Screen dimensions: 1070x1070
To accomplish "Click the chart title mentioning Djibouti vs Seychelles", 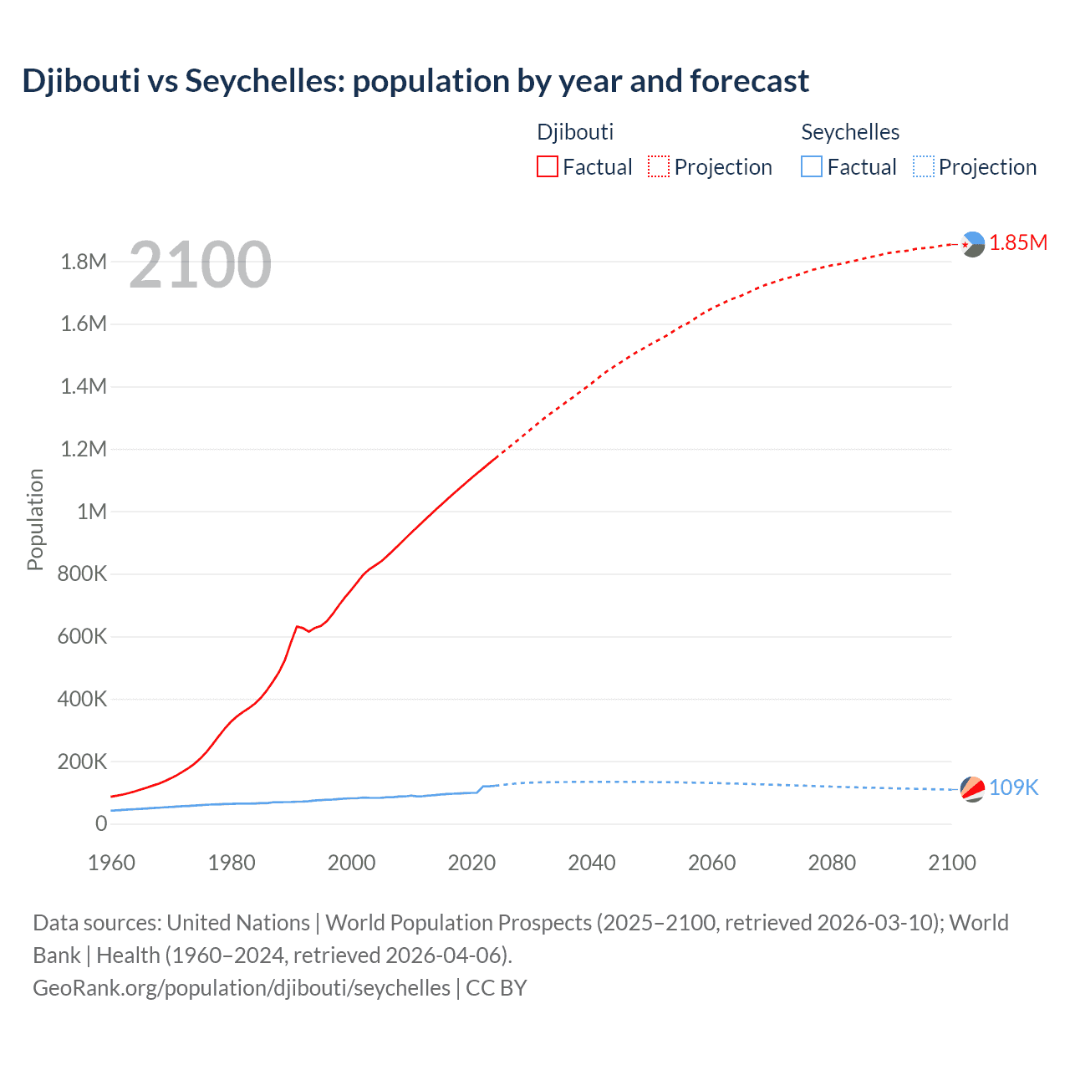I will tap(415, 81).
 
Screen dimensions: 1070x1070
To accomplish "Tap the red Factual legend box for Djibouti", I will tap(547, 166).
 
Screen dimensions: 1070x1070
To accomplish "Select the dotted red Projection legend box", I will tap(658, 166).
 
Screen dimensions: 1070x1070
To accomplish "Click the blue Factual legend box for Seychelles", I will tap(811, 166).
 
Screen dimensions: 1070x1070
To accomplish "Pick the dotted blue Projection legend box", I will tap(923, 166).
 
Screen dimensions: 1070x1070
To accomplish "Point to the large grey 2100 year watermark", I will tap(200, 265).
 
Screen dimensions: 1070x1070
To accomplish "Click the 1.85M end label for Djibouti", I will tap(1018, 242).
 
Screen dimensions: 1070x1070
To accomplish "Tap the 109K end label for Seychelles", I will tap(1013, 787).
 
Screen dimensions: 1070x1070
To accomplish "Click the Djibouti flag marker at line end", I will tap(972, 244).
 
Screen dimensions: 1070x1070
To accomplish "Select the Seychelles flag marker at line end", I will tap(972, 788).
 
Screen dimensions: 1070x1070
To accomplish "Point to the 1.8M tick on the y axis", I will tap(84, 262).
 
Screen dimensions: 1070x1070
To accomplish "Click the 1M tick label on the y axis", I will tap(92, 512).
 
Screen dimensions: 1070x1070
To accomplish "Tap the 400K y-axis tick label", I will tap(82, 699).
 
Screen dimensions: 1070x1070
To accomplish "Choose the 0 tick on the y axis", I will tap(101, 823).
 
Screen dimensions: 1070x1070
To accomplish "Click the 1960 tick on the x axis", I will tap(111, 863).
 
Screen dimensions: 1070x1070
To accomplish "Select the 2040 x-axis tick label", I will tap(592, 863).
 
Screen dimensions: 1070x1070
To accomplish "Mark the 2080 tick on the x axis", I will tap(832, 863).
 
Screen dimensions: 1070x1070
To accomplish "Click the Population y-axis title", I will tap(35, 519).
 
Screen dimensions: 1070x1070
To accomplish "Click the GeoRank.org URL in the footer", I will tap(242, 987).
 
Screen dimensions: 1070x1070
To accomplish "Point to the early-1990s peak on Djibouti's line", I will tap(297, 626).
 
